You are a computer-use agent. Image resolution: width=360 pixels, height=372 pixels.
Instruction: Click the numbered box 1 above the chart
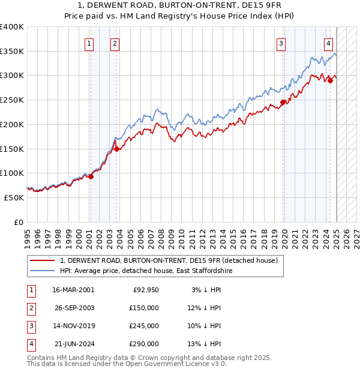(89, 43)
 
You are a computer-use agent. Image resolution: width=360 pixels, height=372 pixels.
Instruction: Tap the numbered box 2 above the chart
(115, 43)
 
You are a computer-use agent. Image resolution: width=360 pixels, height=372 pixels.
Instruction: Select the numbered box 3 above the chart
(281, 43)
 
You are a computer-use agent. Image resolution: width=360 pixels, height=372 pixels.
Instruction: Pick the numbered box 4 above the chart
(329, 43)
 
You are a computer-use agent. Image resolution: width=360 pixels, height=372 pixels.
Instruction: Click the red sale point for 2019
(283, 102)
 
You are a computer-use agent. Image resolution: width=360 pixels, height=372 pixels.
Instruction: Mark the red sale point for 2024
(331, 80)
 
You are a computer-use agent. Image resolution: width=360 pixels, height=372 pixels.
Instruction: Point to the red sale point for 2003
(117, 149)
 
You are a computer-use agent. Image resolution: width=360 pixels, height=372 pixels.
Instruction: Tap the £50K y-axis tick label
(14, 197)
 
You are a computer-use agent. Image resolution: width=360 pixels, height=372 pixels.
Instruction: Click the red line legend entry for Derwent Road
(169, 261)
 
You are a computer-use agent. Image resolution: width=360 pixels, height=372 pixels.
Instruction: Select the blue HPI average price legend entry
(145, 271)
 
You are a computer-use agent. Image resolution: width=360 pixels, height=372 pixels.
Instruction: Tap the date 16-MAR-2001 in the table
(73, 290)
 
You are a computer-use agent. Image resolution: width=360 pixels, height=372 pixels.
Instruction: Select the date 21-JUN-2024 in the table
(73, 344)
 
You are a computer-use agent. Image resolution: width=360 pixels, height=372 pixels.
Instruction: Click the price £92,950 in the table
(146, 290)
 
